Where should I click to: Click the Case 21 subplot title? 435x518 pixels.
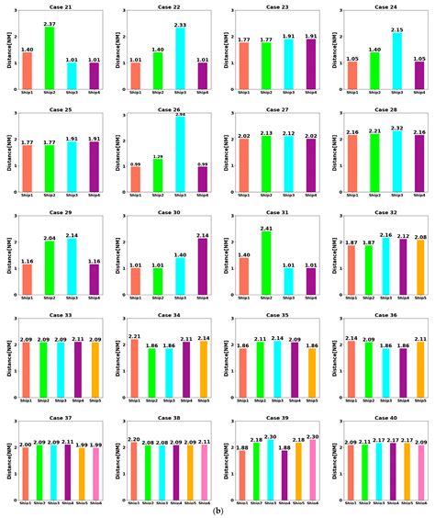60,6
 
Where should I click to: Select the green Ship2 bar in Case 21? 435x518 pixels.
50,59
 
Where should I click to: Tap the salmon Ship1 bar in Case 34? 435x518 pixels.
135,372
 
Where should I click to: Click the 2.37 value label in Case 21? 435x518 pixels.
50,24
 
